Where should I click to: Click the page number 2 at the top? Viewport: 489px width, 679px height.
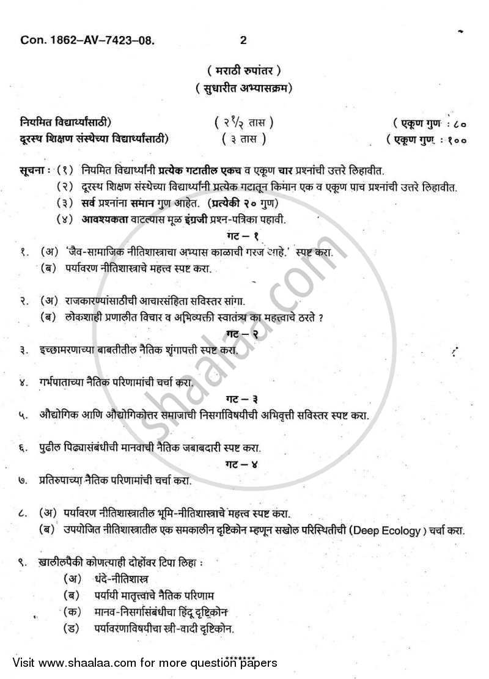(x=243, y=40)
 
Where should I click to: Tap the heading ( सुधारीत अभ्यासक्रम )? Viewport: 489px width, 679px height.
(x=244, y=88)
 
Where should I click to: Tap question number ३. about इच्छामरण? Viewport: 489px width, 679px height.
(x=22, y=351)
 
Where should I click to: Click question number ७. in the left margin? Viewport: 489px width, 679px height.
(x=22, y=480)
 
